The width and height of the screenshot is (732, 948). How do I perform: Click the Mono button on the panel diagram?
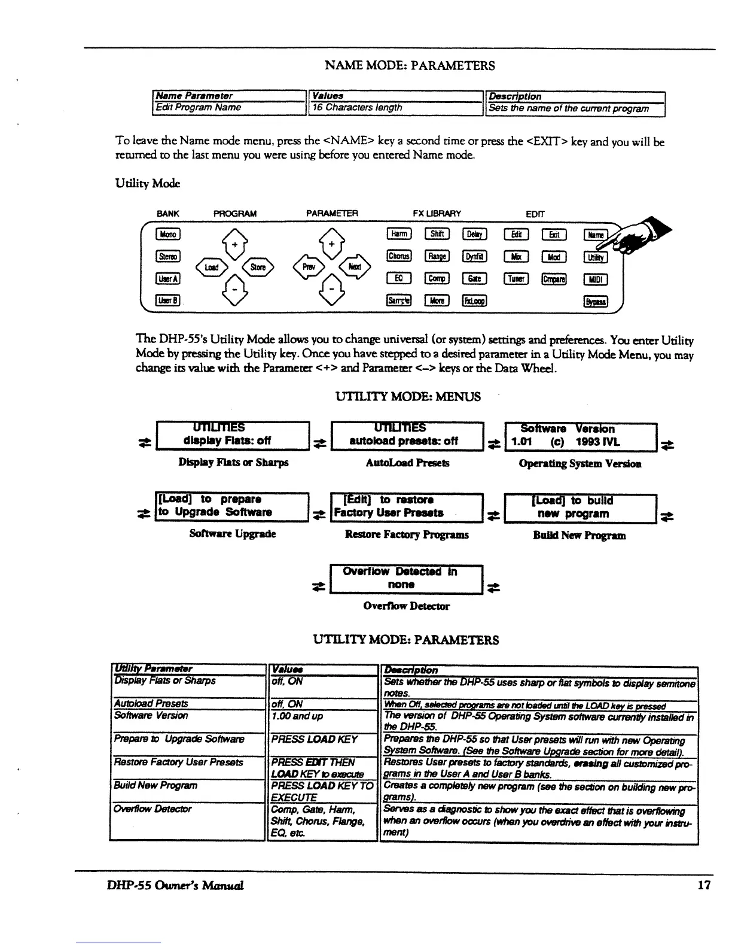click(x=167, y=234)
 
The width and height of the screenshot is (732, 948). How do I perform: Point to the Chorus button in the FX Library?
click(x=399, y=256)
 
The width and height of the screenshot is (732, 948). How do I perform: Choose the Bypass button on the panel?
click(x=596, y=301)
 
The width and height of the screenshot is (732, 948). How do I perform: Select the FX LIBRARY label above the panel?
click(x=437, y=214)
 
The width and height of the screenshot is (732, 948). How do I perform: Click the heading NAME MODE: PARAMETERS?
click(x=410, y=66)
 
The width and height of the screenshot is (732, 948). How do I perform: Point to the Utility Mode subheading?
click(x=148, y=183)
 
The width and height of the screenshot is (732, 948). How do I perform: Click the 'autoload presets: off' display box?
click(x=406, y=435)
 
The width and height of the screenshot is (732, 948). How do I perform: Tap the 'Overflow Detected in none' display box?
click(x=406, y=578)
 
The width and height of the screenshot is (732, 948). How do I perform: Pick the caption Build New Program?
click(x=579, y=536)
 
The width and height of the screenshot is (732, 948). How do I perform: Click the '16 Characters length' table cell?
click(x=395, y=108)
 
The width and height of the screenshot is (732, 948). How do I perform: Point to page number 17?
click(x=704, y=885)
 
